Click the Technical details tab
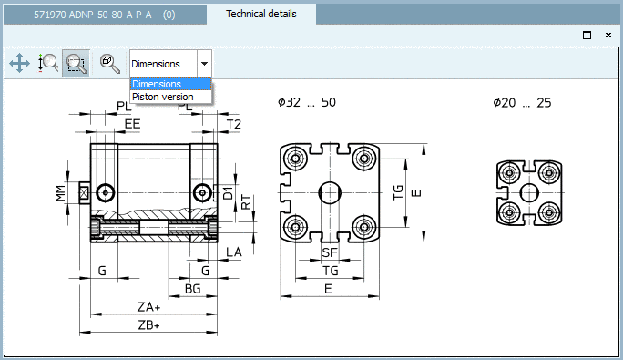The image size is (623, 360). (x=260, y=14)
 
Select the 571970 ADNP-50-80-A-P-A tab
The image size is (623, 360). (x=105, y=15)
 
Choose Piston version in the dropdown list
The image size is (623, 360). (x=162, y=97)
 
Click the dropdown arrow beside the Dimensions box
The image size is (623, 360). (x=204, y=64)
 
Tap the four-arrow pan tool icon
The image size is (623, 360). (x=19, y=63)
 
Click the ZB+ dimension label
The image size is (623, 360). (x=148, y=325)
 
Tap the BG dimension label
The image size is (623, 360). (x=192, y=289)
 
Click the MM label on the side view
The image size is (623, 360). (x=59, y=191)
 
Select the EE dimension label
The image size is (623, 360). (x=132, y=123)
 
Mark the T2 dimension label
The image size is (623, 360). (x=233, y=124)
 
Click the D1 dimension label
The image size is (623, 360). (x=228, y=192)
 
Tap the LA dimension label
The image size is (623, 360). (x=234, y=252)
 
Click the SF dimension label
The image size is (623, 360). (x=330, y=252)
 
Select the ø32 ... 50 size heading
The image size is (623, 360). (x=307, y=102)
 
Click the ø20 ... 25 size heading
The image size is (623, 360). (x=522, y=102)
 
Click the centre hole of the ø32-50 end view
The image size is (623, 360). (x=330, y=192)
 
